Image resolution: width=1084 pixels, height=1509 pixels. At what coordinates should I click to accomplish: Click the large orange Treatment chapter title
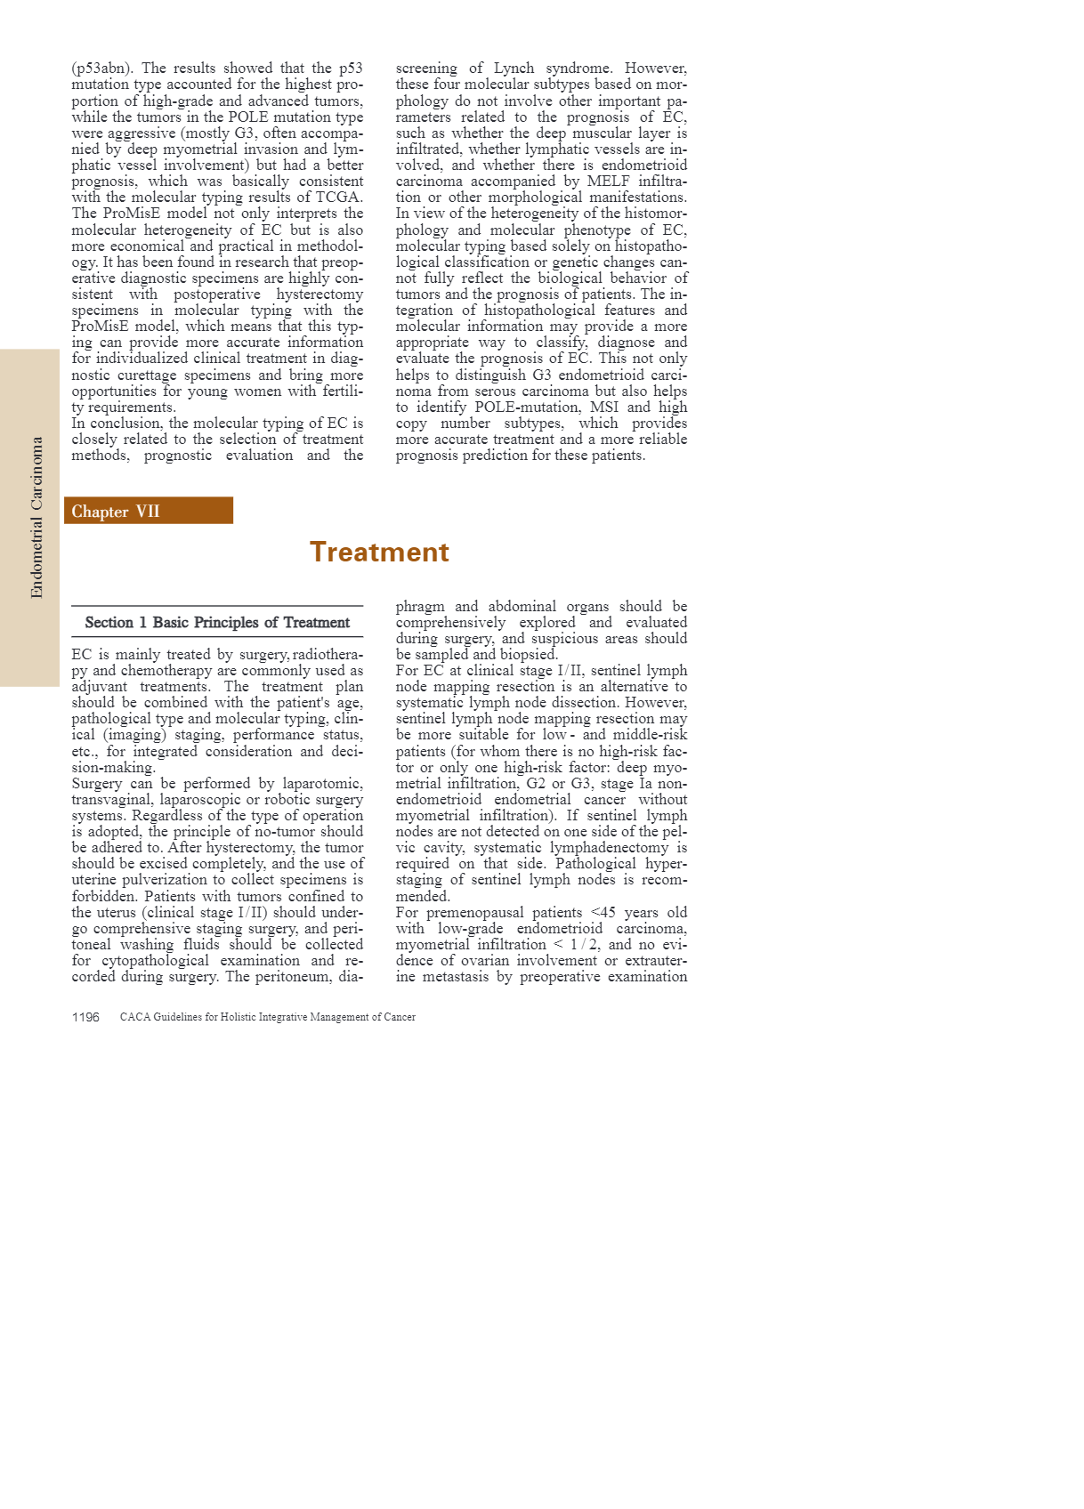(379, 553)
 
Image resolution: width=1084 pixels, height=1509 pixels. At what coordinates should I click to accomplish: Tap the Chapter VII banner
(148, 511)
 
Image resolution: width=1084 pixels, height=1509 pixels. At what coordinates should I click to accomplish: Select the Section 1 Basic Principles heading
(217, 623)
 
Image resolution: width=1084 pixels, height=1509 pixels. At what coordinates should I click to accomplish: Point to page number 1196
(85, 1017)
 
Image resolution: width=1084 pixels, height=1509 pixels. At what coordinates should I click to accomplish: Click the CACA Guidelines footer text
(267, 1017)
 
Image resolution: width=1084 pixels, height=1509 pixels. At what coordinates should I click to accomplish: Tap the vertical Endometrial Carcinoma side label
(36, 517)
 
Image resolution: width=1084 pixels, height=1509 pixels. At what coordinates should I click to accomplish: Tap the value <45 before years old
(603, 913)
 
